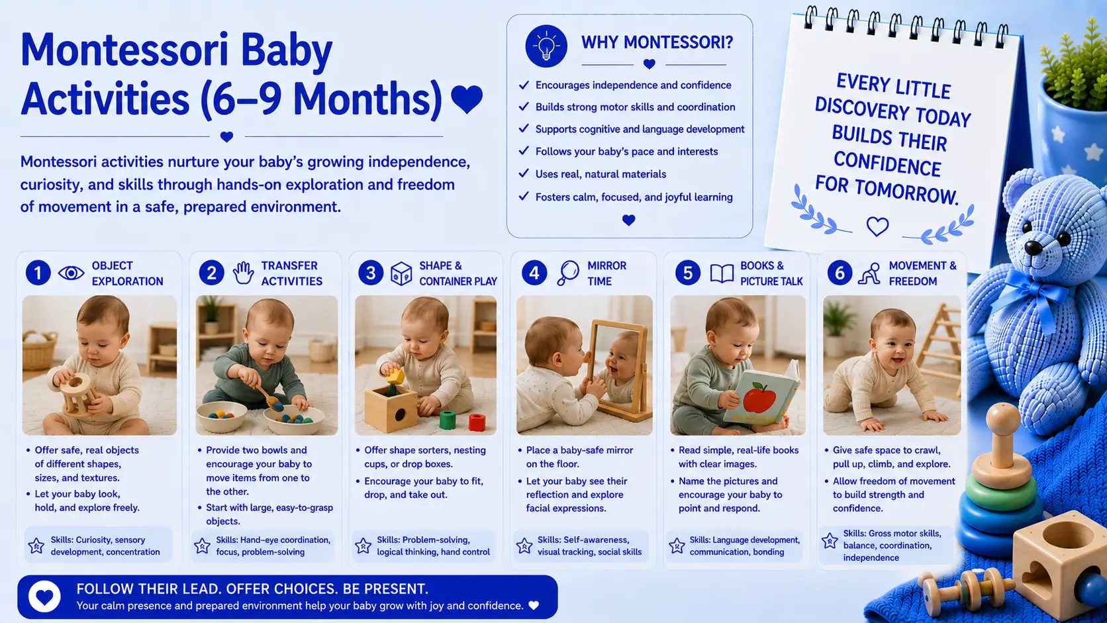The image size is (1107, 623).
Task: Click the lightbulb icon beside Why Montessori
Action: click(x=546, y=46)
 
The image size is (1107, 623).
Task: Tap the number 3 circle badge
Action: click(x=371, y=273)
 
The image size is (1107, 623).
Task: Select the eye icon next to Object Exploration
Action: click(x=71, y=273)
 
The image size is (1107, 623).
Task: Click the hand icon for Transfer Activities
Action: click(x=243, y=273)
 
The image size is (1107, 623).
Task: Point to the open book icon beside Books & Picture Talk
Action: click(x=722, y=273)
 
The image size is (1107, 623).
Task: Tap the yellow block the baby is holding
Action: click(x=395, y=377)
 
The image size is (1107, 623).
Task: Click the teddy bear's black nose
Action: click(x=1034, y=246)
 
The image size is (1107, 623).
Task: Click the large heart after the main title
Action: click(x=467, y=99)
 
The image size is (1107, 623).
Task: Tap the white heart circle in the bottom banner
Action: click(x=44, y=597)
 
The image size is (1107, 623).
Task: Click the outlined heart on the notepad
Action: click(x=878, y=226)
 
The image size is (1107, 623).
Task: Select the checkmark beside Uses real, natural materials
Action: click(x=524, y=173)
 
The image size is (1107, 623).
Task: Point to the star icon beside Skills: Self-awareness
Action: click(x=524, y=546)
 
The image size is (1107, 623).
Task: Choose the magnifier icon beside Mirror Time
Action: click(x=568, y=273)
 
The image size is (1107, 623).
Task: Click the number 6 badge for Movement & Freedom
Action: click(x=840, y=273)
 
